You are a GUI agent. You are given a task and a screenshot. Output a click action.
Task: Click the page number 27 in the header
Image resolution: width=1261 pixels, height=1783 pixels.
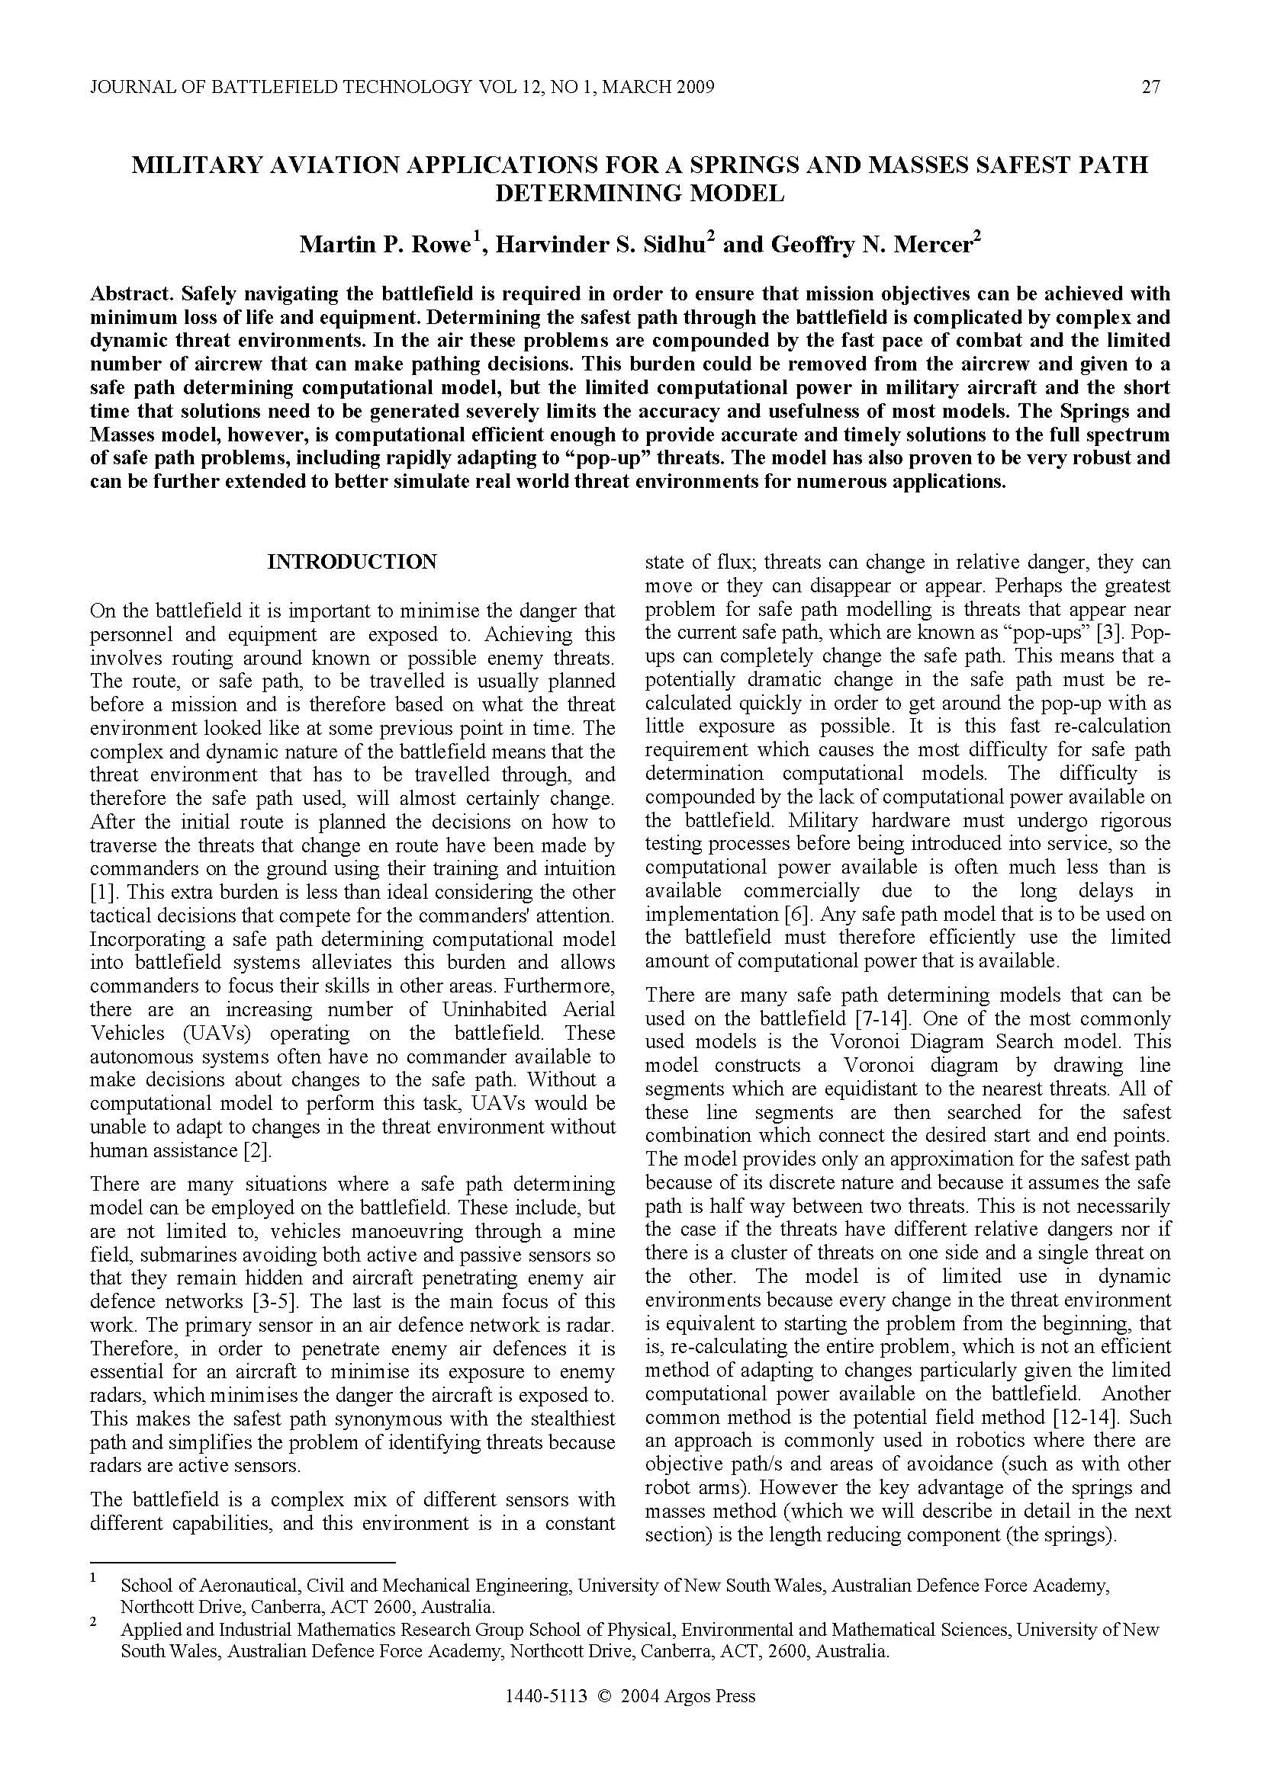click(1150, 87)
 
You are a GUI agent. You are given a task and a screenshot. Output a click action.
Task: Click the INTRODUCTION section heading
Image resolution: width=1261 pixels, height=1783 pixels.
click(352, 562)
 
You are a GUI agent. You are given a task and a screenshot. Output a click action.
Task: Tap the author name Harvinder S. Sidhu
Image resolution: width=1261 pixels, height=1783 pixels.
click(600, 245)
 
